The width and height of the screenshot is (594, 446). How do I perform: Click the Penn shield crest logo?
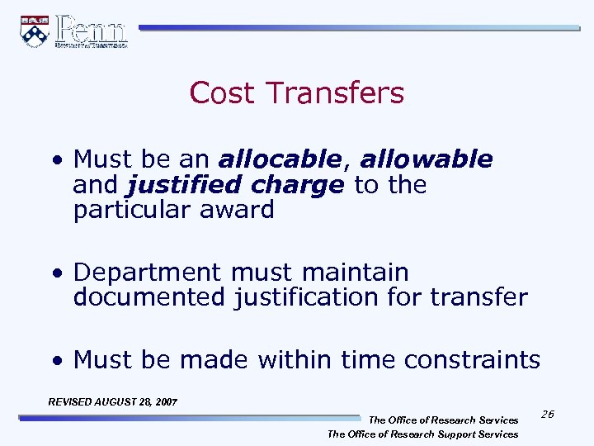coord(34,31)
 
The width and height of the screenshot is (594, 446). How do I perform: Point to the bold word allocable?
coord(280,159)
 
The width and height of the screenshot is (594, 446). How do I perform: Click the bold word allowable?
coord(427,159)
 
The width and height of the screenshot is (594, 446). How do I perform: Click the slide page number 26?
coord(547,414)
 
